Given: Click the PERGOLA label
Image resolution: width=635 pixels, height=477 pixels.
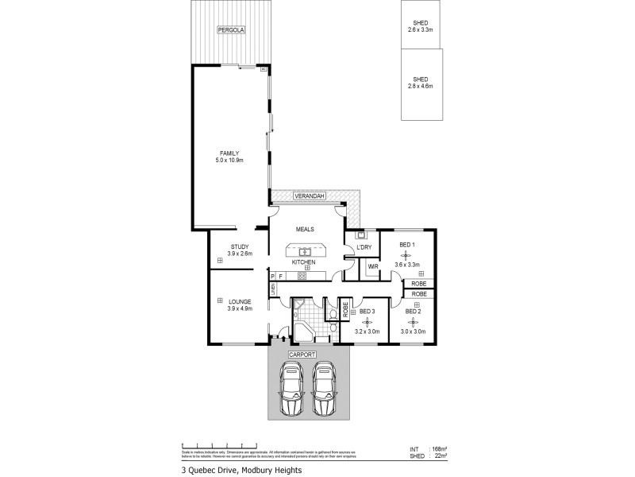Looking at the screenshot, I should (x=232, y=30).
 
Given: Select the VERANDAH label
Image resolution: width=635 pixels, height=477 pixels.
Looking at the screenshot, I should (x=308, y=196).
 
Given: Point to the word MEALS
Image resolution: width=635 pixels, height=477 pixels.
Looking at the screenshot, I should (x=306, y=229).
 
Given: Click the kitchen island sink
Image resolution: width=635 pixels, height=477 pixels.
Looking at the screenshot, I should (x=304, y=252).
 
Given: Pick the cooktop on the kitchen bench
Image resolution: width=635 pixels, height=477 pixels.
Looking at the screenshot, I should (x=302, y=276).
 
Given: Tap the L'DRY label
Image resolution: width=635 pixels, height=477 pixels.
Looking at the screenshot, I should (x=365, y=248).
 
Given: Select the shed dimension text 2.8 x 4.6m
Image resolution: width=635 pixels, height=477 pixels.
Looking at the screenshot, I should (x=421, y=86).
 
